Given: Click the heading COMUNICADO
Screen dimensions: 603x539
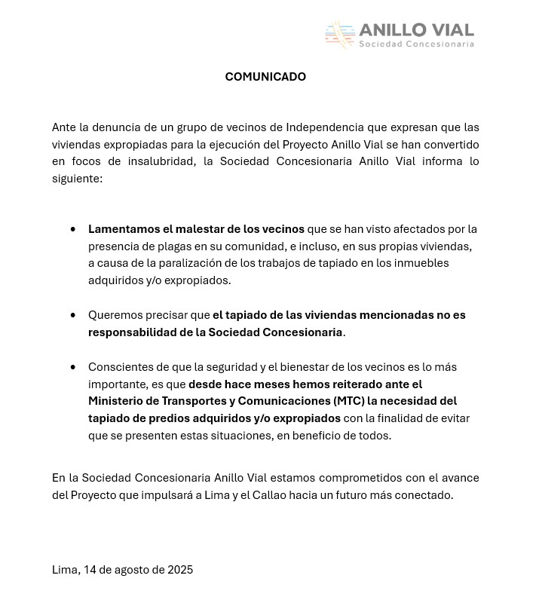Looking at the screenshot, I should click(x=265, y=77).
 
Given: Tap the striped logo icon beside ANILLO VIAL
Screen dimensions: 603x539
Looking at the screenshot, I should click(x=340, y=34).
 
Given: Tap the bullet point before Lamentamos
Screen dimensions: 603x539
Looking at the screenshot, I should click(x=73, y=229).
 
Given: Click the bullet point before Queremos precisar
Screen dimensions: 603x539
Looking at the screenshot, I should click(x=73, y=315).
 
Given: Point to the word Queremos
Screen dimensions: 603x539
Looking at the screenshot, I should click(x=112, y=315).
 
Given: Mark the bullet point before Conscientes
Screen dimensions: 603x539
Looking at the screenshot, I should click(x=73, y=367).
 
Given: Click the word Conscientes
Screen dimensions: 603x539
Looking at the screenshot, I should click(x=120, y=367).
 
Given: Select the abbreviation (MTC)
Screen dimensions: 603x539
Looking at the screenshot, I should click(x=349, y=401).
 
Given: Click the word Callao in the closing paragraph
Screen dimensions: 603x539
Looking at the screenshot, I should click(x=280, y=495).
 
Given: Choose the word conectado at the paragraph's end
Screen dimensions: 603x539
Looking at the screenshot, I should click(x=425, y=495).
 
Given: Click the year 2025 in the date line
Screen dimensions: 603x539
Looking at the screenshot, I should click(x=179, y=570).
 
